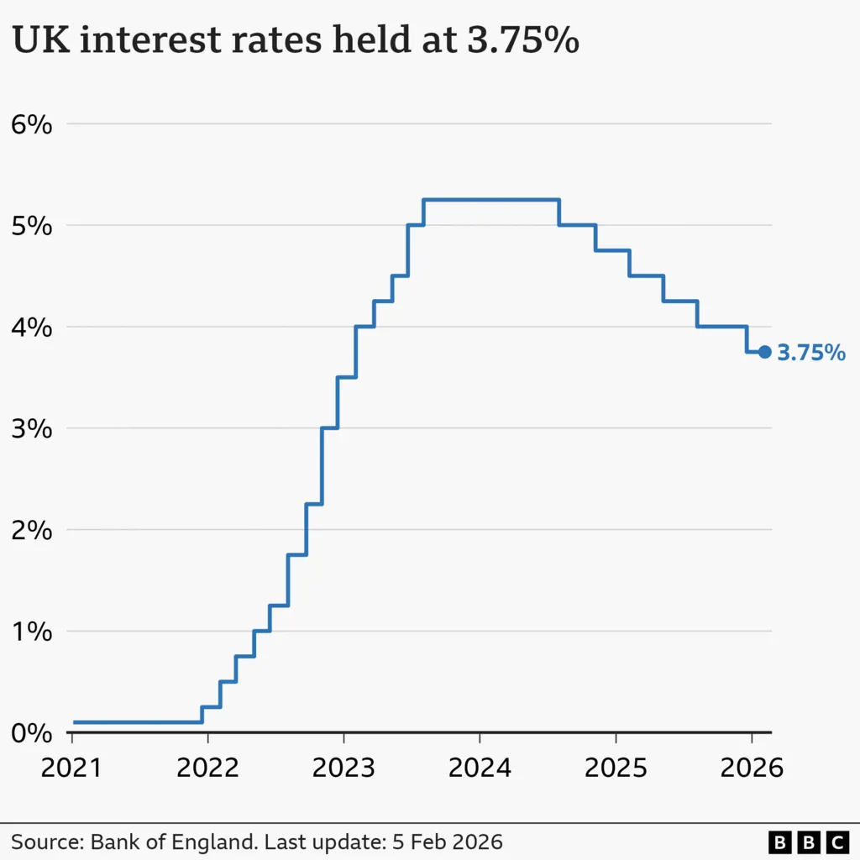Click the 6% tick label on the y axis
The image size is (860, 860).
pos(32,125)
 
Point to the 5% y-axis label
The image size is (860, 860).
pos(32,227)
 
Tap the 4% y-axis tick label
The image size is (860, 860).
pos(32,328)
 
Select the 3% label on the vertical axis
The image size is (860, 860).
pos(32,430)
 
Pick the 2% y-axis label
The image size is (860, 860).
pos(32,531)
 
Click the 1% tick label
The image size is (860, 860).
pos(32,632)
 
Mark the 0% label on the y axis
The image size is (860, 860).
pos(32,734)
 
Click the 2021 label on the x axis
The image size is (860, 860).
pos(72,767)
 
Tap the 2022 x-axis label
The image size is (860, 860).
pos(207,767)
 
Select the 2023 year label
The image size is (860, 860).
pos(343,767)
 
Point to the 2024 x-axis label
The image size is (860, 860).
pos(480,767)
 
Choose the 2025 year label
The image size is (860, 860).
pos(616,767)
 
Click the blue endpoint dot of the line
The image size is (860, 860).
pos(764,353)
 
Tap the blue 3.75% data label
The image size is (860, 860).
pos(811,354)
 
